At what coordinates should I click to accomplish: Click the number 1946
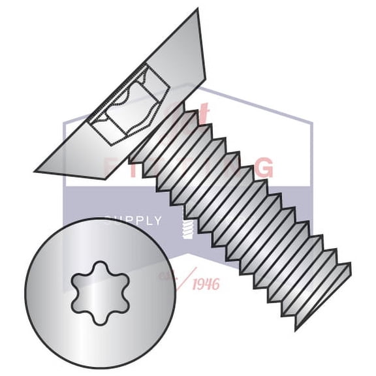(205, 283)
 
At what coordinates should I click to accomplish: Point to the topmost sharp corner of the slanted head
(196, 10)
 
